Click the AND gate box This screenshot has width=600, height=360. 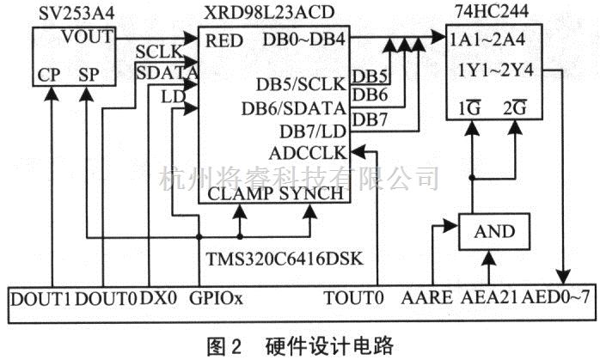[x=493, y=231]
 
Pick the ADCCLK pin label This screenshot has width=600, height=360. [x=306, y=152]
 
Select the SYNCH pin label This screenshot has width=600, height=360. [x=312, y=194]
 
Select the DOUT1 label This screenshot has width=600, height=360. [x=42, y=300]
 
